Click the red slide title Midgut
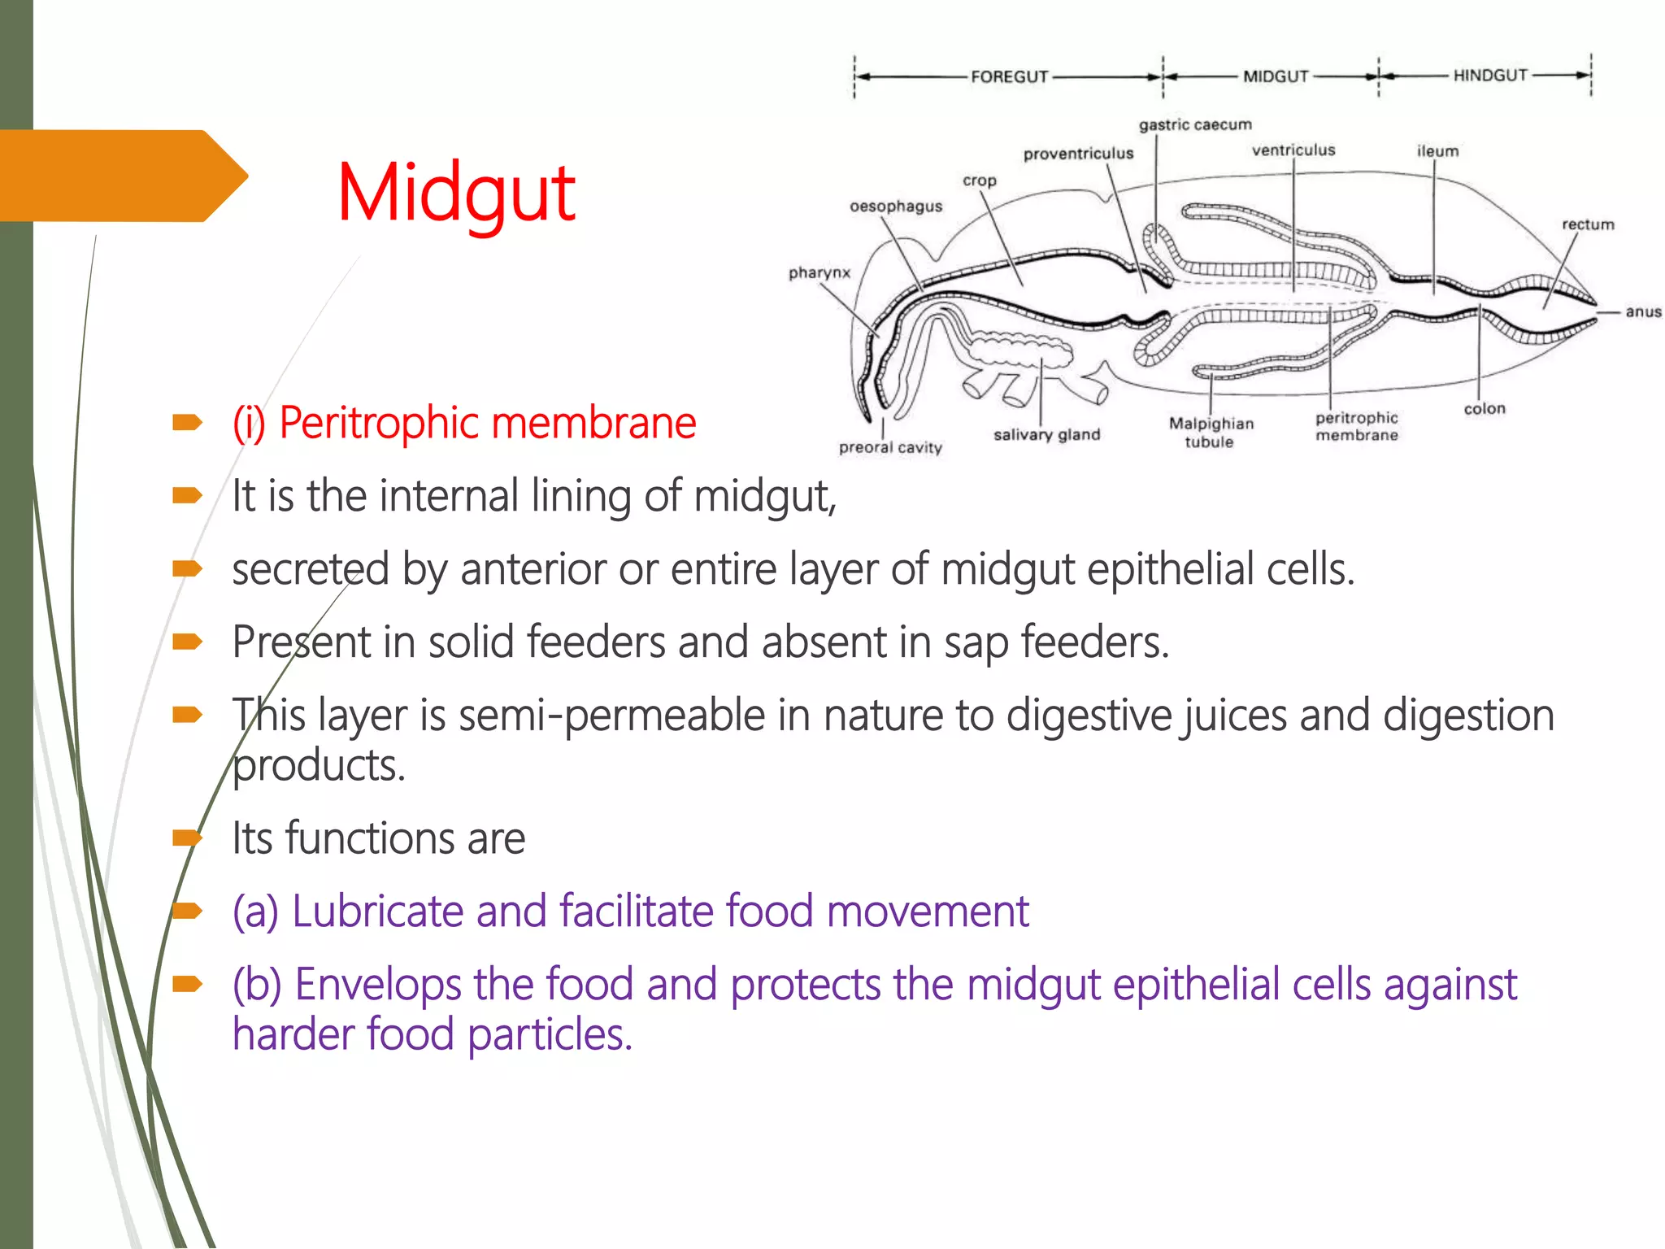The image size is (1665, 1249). pyautogui.click(x=456, y=194)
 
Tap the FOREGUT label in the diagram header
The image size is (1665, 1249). pyautogui.click(x=1009, y=76)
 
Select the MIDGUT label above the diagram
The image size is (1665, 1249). pyautogui.click(x=1275, y=76)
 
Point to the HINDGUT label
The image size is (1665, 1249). pyautogui.click(x=1489, y=76)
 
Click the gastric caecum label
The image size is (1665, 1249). pyautogui.click(x=1194, y=124)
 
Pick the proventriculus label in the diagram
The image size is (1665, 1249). pyautogui.click(x=1077, y=154)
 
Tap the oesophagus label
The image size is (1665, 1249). pyautogui.click(x=895, y=207)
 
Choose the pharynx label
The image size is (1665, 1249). pyautogui.click(x=819, y=272)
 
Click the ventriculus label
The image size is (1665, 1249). pyautogui.click(x=1293, y=150)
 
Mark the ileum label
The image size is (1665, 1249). pyautogui.click(x=1437, y=151)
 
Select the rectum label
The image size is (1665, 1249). pyautogui.click(x=1587, y=224)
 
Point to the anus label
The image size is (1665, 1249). pyautogui.click(x=1642, y=311)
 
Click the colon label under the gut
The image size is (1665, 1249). pyautogui.click(x=1484, y=409)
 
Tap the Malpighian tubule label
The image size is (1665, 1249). pyautogui.click(x=1211, y=433)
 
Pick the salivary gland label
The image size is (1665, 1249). pyautogui.click(x=1046, y=435)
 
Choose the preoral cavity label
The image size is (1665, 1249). pyautogui.click(x=889, y=447)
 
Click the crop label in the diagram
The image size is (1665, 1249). pyautogui.click(x=979, y=181)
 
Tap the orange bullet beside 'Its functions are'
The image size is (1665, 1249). pyautogui.click(x=187, y=838)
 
